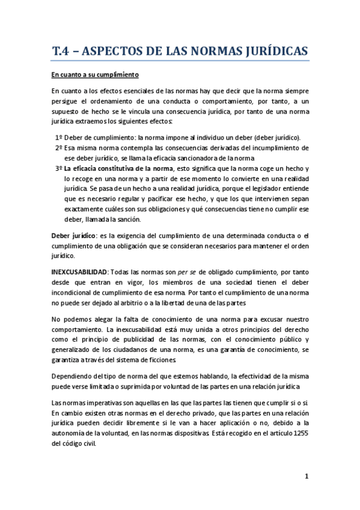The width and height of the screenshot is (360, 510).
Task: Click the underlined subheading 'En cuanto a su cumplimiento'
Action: [x=95, y=75]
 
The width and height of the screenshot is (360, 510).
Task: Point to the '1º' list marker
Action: [x=58, y=137]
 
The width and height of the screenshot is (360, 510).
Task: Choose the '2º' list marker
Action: [x=58, y=147]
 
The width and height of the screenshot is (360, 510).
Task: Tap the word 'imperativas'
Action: [x=97, y=401]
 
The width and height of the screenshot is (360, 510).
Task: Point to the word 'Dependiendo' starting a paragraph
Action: [x=74, y=375]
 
